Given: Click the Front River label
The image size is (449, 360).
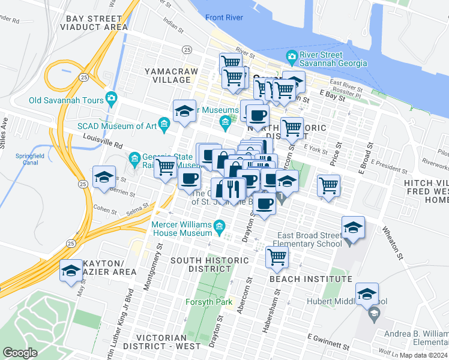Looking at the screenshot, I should click(224, 18).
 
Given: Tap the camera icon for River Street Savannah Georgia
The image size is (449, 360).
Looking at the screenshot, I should click(292, 58).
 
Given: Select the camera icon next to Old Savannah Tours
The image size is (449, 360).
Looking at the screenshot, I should click(111, 97).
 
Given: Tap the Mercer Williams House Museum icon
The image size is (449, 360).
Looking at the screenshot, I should click(219, 226).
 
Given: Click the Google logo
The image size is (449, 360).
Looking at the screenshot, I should click(20, 353).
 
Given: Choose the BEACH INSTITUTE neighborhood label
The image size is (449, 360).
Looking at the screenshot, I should click(310, 279).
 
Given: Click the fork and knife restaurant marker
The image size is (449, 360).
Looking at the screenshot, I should click(234, 188).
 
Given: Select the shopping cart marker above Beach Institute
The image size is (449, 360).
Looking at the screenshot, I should click(276, 257).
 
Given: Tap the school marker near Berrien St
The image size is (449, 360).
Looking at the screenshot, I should click(104, 178).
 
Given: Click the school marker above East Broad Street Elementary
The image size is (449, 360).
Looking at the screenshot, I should click(352, 227).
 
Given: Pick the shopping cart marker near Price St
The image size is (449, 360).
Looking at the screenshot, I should click(328, 185).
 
